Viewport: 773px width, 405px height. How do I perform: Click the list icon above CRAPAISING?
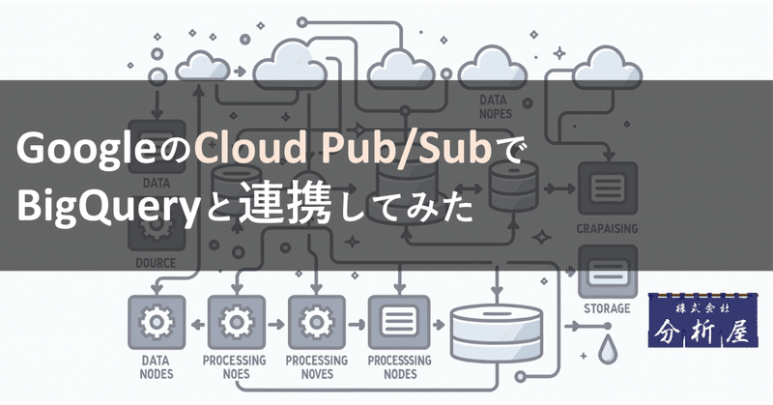click(607, 187)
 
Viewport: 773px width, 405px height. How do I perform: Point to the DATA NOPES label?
click(500, 104)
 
